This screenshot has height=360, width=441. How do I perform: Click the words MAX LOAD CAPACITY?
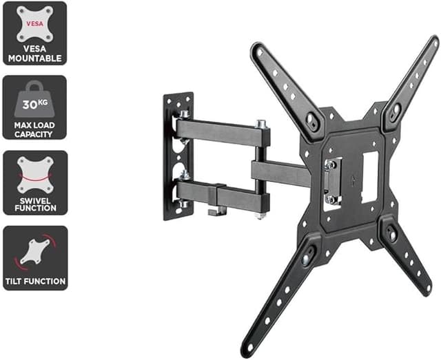point(34,129)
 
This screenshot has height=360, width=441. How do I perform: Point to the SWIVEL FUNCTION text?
point(34,204)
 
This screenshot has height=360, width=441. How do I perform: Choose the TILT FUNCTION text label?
point(34,281)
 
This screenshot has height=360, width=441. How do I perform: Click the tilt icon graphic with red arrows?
point(34,251)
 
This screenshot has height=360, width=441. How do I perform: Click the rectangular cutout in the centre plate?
point(369,176)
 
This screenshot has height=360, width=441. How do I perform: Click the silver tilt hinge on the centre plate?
point(331,180)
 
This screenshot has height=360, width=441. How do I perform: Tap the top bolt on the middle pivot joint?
point(260,124)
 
